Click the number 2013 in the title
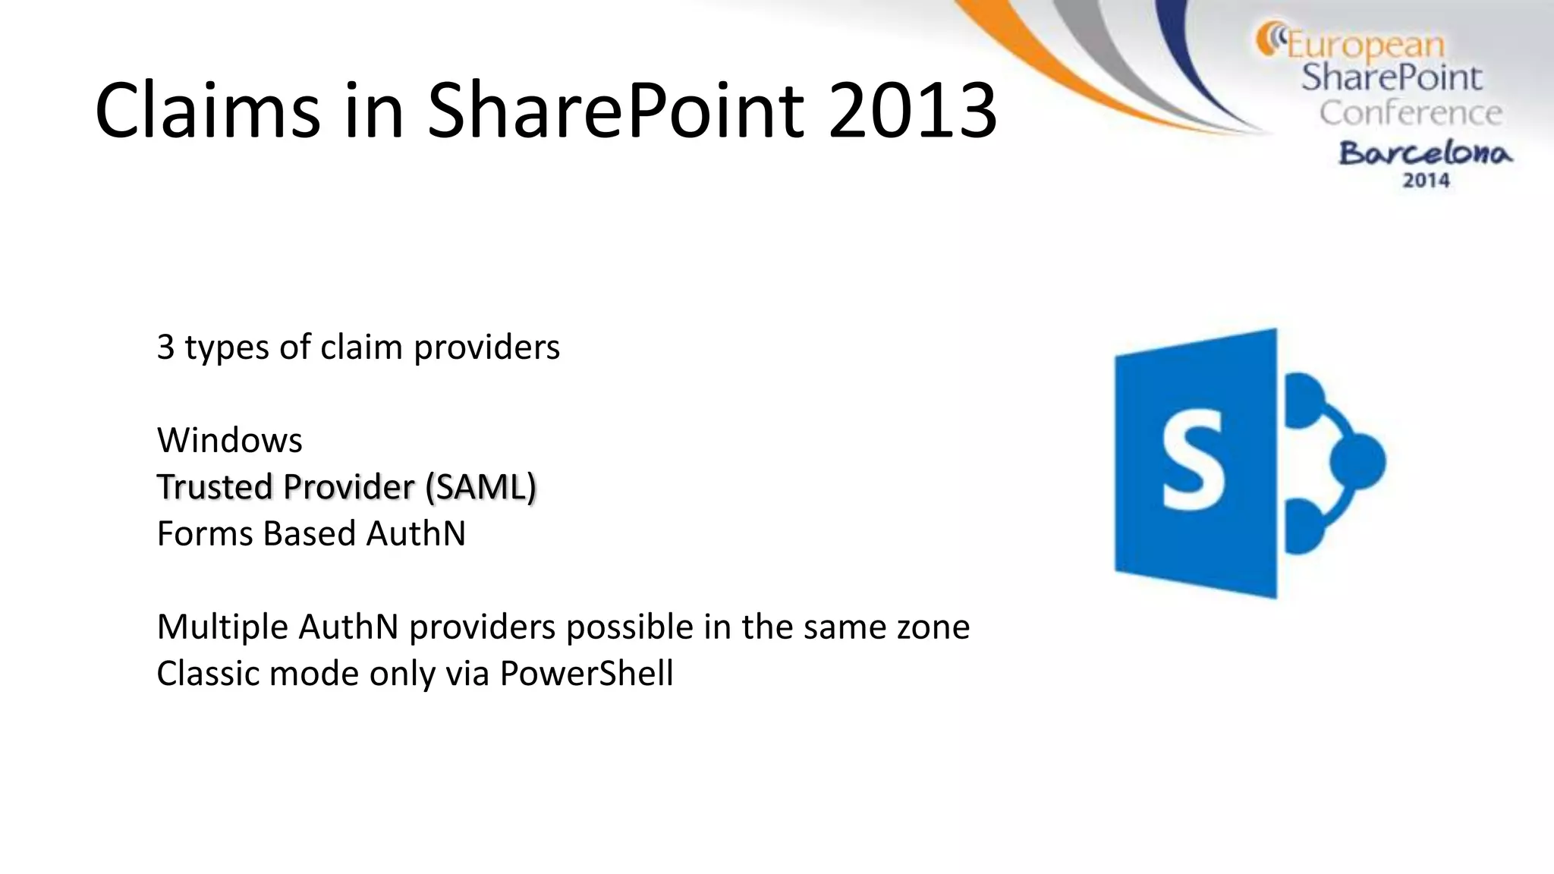(x=912, y=112)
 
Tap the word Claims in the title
(x=207, y=112)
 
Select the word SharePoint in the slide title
(x=615, y=112)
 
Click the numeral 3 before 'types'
(x=165, y=347)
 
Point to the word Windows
(x=229, y=440)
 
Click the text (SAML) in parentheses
(x=480, y=487)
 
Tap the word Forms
(x=205, y=533)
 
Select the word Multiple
(x=222, y=627)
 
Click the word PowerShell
(x=586, y=674)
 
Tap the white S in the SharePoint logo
(x=1193, y=461)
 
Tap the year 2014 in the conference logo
(x=1426, y=181)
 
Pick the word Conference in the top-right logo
(x=1411, y=113)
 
